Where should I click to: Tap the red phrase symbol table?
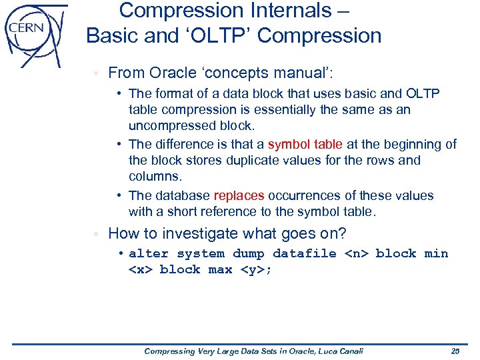click(305, 144)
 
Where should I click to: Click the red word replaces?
click(239, 196)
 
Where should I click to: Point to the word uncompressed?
click(170, 126)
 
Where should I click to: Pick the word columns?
click(155, 177)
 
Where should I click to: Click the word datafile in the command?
click(304, 254)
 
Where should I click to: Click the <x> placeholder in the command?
click(140, 270)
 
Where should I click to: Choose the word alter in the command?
click(148, 254)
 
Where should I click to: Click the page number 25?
click(455, 351)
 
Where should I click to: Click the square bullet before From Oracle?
click(96, 73)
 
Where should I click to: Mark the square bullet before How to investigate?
click(96, 234)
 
